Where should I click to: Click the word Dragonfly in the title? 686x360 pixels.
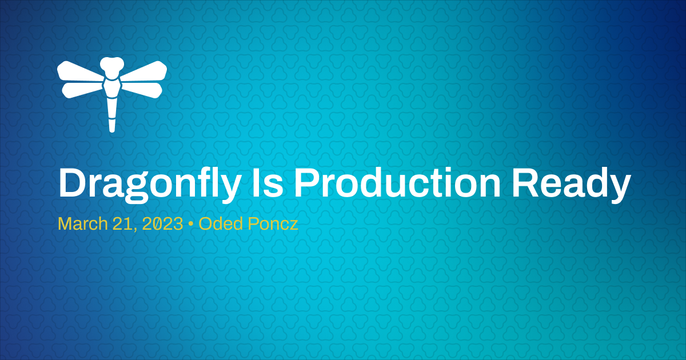[x=146, y=184]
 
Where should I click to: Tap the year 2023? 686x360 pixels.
[x=163, y=224]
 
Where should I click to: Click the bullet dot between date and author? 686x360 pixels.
[x=191, y=225]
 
